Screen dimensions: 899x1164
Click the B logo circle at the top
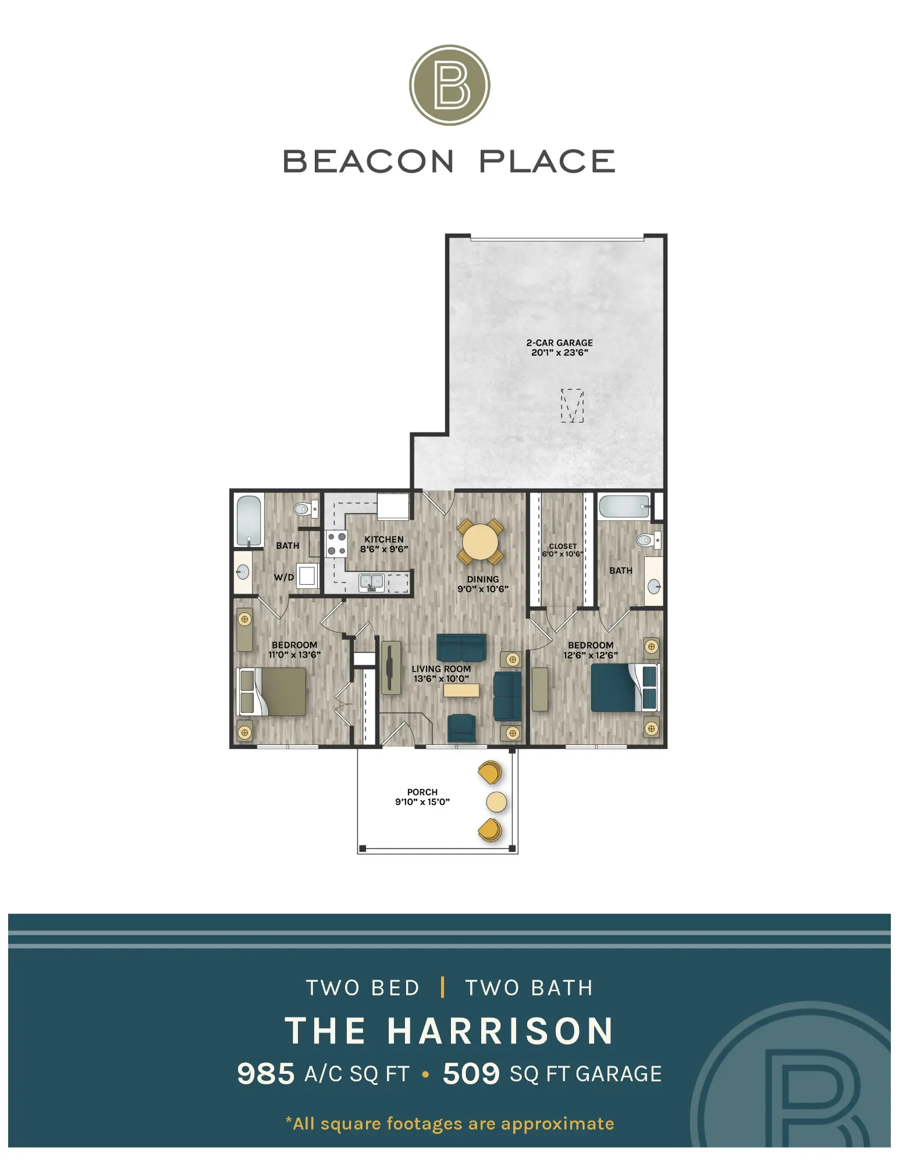(449, 85)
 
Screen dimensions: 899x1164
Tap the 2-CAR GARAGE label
(560, 343)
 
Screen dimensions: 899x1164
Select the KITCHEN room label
(384, 540)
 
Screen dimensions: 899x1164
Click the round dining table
(480, 541)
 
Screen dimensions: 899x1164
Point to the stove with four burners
(336, 544)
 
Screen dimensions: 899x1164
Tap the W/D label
(284, 577)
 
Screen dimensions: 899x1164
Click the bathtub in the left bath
(249, 520)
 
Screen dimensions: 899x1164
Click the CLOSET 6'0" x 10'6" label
(563, 550)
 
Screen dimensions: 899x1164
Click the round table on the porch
(496, 802)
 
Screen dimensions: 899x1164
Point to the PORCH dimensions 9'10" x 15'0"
(422, 802)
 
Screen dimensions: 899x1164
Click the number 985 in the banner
(266, 1074)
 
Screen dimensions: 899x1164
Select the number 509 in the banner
(471, 1074)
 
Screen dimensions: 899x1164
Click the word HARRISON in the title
(500, 1031)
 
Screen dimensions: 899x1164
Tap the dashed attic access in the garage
(572, 406)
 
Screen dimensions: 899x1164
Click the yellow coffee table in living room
(461, 690)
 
